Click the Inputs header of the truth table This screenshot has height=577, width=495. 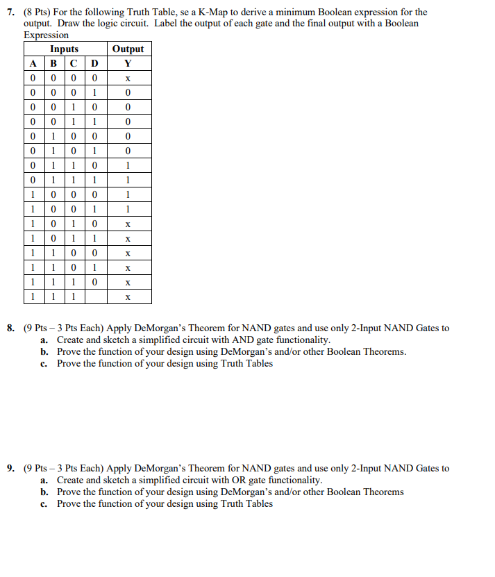coord(64,49)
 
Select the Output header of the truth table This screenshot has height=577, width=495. coord(128,49)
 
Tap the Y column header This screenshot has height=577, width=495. coord(128,63)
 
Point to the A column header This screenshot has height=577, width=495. coord(32,63)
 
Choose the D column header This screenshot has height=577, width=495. coord(95,63)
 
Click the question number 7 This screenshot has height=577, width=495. coord(12,12)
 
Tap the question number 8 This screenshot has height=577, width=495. coord(12,328)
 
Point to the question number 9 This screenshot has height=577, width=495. coord(12,469)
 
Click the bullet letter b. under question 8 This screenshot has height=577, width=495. coord(44,352)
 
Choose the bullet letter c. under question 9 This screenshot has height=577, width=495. coord(44,504)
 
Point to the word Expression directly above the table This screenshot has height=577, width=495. coord(47,35)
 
